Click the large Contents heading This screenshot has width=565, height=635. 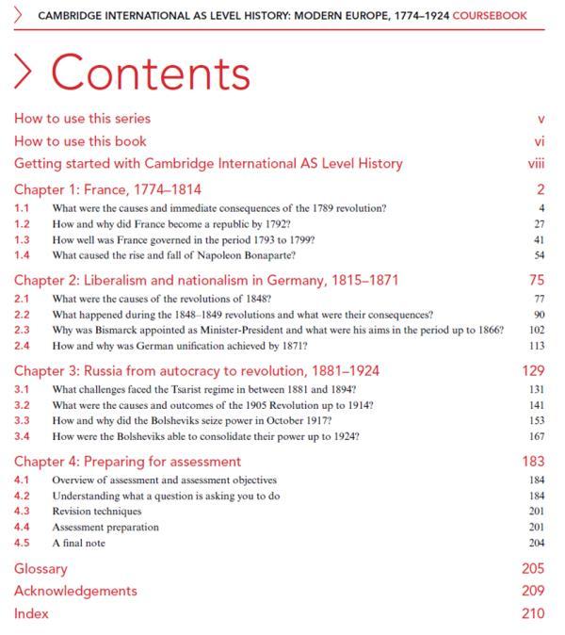(151, 73)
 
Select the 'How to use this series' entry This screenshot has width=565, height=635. (82, 119)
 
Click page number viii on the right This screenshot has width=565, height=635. (538, 164)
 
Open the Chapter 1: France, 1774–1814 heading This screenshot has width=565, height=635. (107, 189)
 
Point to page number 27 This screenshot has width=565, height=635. (539, 223)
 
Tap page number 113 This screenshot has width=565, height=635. (536, 346)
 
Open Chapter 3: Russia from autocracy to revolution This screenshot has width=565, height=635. (197, 370)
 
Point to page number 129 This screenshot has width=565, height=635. (533, 370)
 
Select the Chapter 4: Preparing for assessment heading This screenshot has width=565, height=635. (127, 462)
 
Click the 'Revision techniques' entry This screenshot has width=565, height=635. (96, 512)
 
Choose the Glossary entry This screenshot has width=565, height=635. (40, 569)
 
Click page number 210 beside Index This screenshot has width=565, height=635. (533, 613)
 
